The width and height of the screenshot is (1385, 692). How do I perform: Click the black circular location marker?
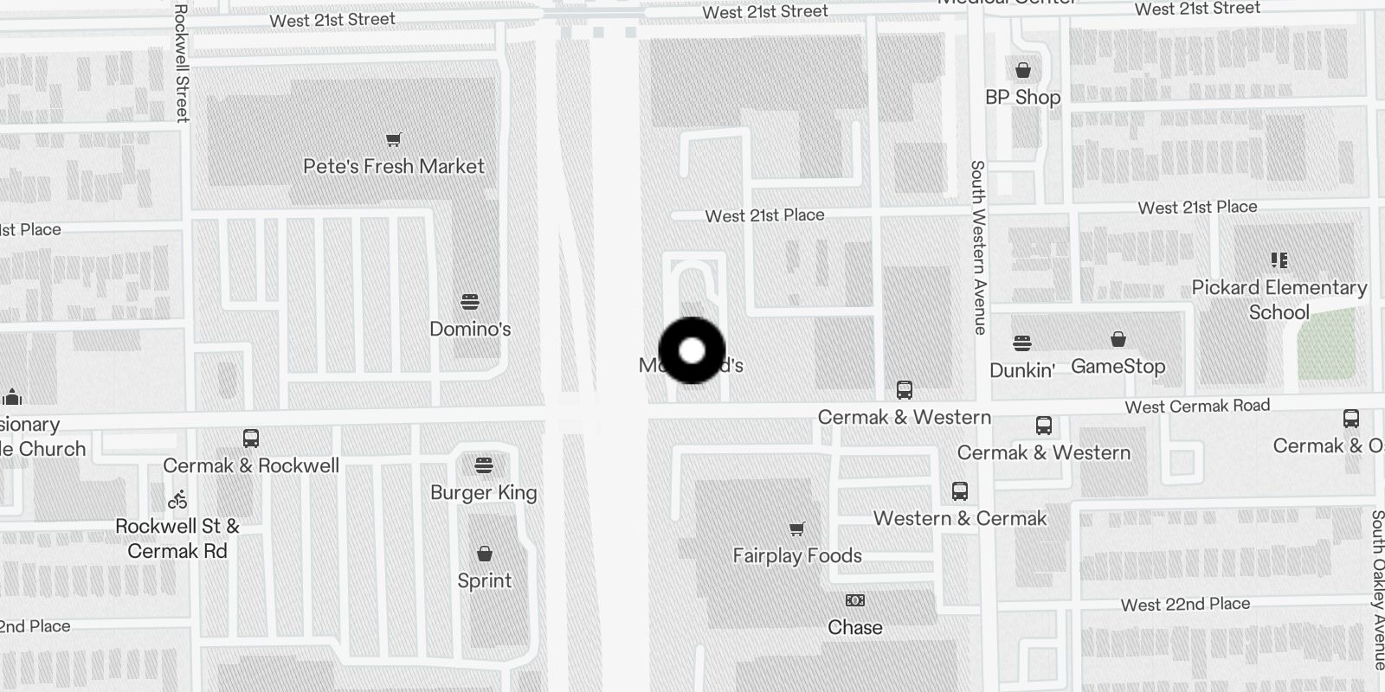coord(692,350)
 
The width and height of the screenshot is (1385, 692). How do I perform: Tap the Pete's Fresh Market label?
coord(394,166)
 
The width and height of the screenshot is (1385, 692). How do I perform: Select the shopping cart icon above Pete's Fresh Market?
coord(394,139)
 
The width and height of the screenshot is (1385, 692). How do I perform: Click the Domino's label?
coord(470,329)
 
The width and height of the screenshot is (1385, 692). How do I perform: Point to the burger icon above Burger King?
coord(484,466)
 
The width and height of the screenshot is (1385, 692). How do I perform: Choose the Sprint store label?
coord(484,580)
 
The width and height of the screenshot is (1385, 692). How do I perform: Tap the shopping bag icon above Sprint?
coord(485,554)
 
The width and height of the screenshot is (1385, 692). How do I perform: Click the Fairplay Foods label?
coord(797,555)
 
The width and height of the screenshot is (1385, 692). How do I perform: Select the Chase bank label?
coord(854,627)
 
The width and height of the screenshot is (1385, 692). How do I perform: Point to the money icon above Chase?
coord(854,600)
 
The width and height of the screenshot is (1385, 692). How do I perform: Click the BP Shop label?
coord(1022,97)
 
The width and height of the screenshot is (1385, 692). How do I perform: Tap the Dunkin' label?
coord(1021,370)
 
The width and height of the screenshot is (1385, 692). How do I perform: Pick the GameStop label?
coord(1118,366)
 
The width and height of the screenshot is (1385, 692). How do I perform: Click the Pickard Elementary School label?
coord(1279,299)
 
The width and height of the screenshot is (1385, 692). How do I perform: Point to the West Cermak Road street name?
coord(1197,406)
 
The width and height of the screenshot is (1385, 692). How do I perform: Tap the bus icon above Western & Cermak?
coord(959,491)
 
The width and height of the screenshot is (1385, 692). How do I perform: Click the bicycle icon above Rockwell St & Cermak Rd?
coord(177,499)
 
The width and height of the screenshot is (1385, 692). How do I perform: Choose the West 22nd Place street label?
coord(1185,605)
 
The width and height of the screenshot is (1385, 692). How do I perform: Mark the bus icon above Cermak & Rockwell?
coord(251,439)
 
